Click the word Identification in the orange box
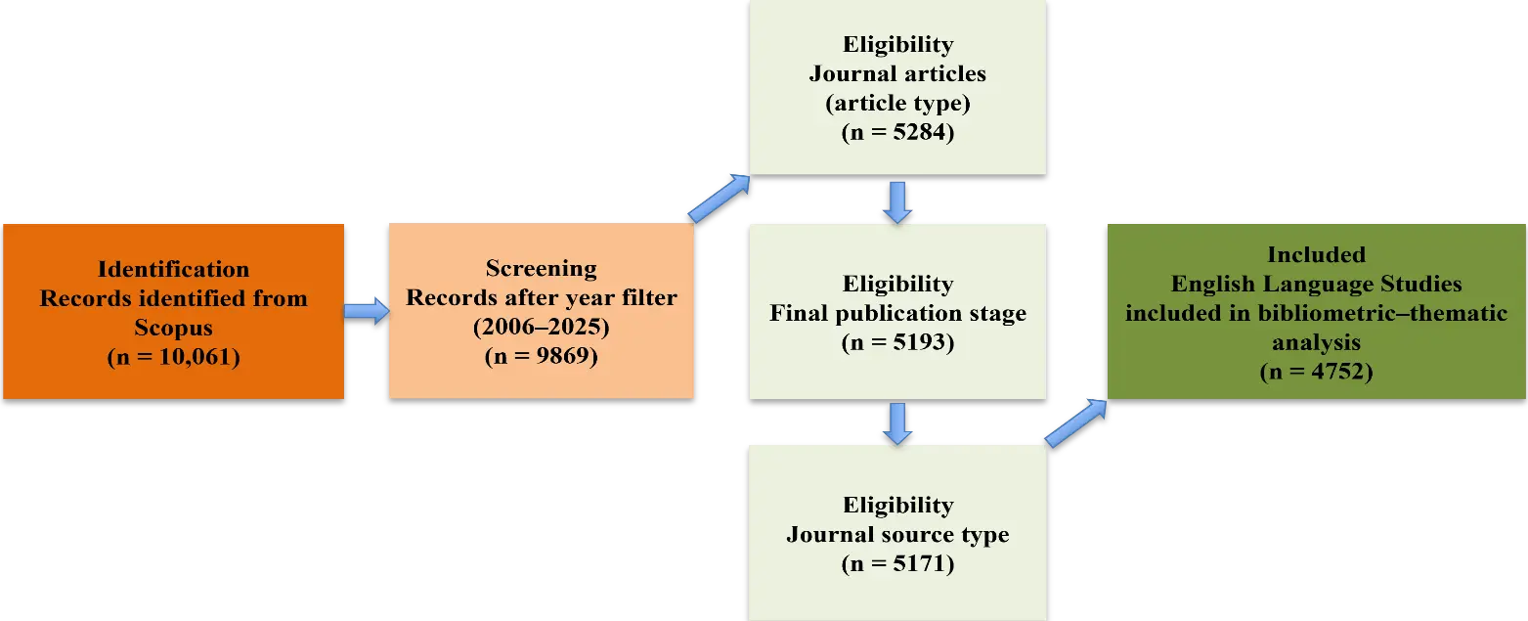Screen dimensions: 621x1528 pyautogui.click(x=173, y=269)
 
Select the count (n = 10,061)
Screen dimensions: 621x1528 pyautogui.click(x=173, y=357)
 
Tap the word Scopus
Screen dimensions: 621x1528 pyautogui.click(x=173, y=328)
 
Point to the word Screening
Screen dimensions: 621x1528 pyautogui.click(x=541, y=268)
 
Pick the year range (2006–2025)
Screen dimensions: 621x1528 pyautogui.click(x=541, y=328)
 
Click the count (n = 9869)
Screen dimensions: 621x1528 pyautogui.click(x=541, y=357)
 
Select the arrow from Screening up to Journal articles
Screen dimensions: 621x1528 pyautogui.click(x=719, y=200)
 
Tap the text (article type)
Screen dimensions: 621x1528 pyautogui.click(x=897, y=104)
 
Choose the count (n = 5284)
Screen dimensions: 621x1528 pyautogui.click(x=897, y=133)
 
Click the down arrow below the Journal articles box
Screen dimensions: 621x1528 pyautogui.click(x=897, y=200)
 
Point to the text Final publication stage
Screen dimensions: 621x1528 pyautogui.click(x=897, y=313)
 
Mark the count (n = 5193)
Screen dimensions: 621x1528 pyautogui.click(x=897, y=343)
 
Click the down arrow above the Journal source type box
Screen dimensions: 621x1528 pyautogui.click(x=897, y=421)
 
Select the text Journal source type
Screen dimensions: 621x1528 pyautogui.click(x=897, y=535)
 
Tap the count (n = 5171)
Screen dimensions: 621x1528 pyautogui.click(x=897, y=564)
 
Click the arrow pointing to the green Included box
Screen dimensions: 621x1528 pyautogui.click(x=1076, y=422)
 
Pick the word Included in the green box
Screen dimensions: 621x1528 pyautogui.click(x=1316, y=254)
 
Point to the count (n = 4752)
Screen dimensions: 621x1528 pyautogui.click(x=1316, y=372)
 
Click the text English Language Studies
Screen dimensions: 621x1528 pyautogui.click(x=1316, y=284)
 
